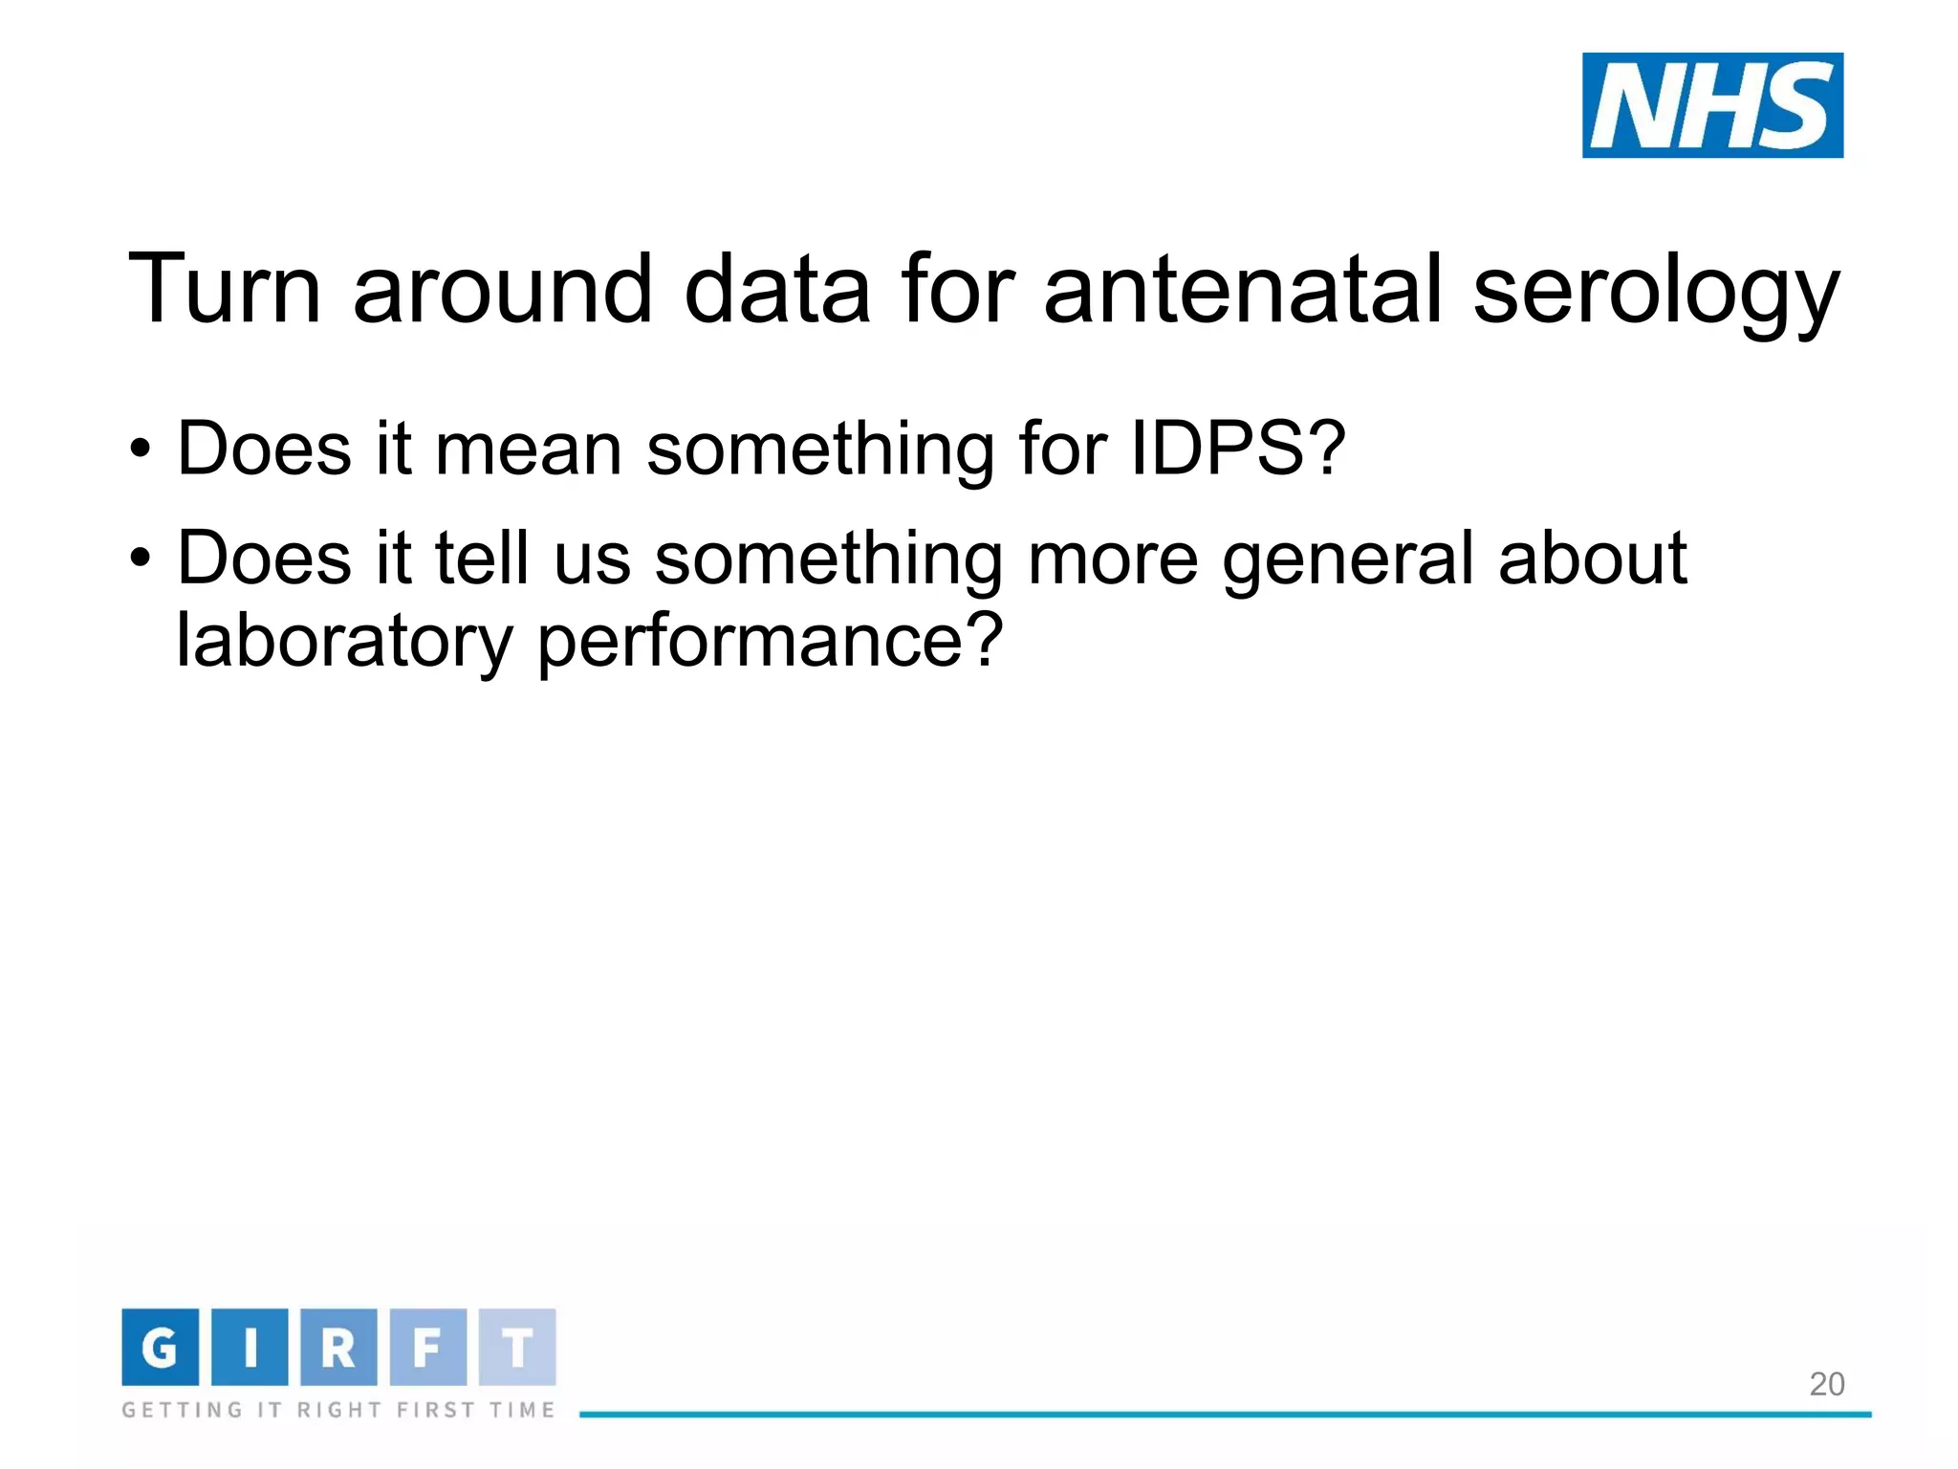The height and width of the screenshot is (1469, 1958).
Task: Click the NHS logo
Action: (1711, 105)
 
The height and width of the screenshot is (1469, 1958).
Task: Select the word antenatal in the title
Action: (1242, 289)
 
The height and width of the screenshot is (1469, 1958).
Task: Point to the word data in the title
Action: (776, 289)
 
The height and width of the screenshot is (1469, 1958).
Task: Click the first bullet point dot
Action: (141, 449)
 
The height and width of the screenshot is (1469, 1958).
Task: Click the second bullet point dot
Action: (141, 558)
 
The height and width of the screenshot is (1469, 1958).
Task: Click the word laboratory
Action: (345, 642)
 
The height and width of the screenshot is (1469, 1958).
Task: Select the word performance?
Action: (770, 642)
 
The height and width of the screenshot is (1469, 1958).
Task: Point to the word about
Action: (1592, 558)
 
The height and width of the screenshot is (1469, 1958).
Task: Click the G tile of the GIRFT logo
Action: (160, 1347)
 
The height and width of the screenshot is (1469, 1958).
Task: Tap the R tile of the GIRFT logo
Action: (338, 1347)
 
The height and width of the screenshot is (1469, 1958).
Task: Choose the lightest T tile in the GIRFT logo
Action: (517, 1347)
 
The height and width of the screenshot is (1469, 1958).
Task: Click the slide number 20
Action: (1826, 1384)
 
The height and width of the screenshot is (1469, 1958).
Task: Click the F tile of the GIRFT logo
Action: (427, 1347)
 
